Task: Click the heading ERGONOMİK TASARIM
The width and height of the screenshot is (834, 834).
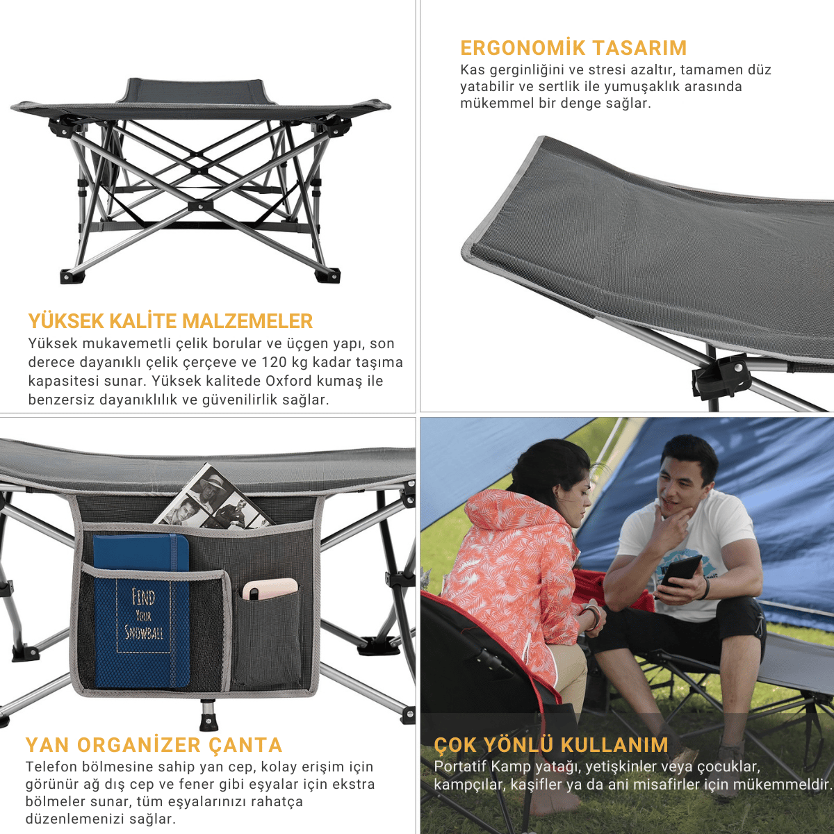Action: pos(573,48)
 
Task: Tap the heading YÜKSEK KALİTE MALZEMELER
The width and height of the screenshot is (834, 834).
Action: pos(170,321)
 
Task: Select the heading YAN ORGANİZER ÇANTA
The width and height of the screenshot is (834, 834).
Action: pos(154,745)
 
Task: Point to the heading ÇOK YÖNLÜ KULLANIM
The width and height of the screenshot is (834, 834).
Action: pos(551,745)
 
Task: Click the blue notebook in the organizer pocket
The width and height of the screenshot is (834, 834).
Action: pos(142,611)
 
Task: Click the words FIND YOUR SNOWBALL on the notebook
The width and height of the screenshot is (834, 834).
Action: pos(143,614)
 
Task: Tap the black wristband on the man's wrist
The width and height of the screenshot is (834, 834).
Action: pos(705,589)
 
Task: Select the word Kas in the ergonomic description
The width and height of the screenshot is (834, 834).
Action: pos(471,70)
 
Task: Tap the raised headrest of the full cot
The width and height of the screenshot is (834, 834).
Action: pos(192,90)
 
